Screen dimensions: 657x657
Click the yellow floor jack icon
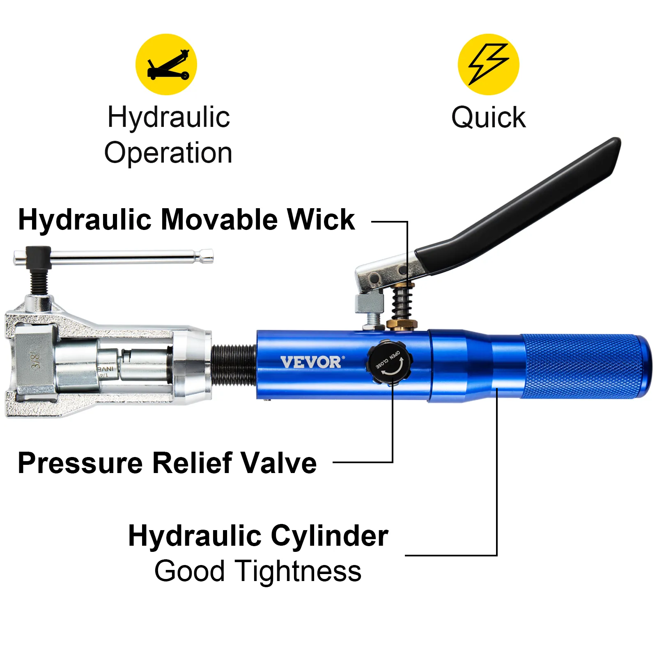point(166,64)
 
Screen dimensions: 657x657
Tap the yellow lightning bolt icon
point(488,64)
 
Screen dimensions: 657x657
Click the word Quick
point(488,118)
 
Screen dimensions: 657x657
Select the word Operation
point(168,153)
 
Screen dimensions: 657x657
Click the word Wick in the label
point(320,220)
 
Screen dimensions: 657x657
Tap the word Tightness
point(299,572)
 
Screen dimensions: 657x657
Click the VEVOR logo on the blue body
point(311,363)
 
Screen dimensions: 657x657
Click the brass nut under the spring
point(402,324)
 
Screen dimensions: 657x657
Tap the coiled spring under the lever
point(402,303)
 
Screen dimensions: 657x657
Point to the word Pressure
point(80,463)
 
